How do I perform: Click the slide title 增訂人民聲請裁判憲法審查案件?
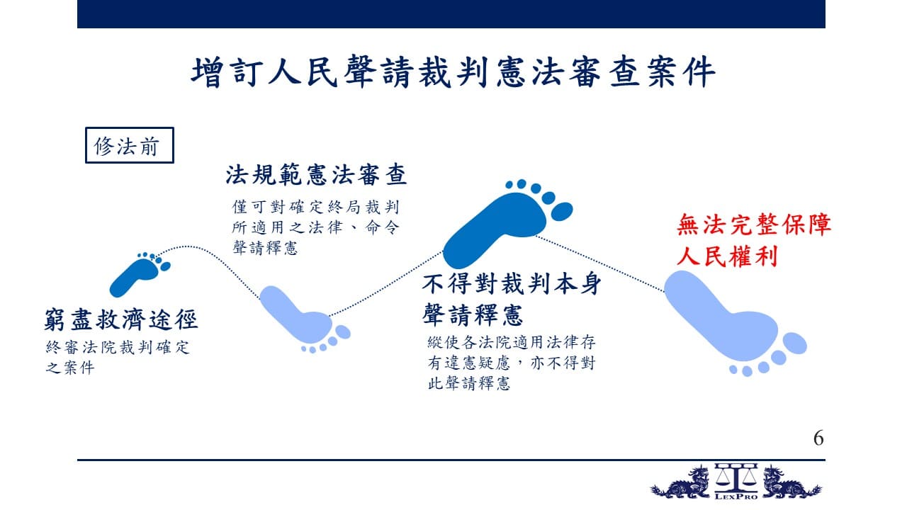point(453,72)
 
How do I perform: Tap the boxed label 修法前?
point(129,145)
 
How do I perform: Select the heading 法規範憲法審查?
point(316,174)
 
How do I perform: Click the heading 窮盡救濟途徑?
point(120,319)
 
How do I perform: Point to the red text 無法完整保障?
point(753,225)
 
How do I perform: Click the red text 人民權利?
point(727,256)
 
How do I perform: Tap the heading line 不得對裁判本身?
point(512,283)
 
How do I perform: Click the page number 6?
point(818,438)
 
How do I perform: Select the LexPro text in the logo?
point(736,497)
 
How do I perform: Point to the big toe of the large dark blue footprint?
point(562,212)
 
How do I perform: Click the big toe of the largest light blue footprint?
point(794,344)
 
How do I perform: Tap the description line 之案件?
point(70,368)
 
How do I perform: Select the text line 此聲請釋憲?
point(469,383)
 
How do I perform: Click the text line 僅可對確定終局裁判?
point(316,207)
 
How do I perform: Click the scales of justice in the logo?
point(736,477)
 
